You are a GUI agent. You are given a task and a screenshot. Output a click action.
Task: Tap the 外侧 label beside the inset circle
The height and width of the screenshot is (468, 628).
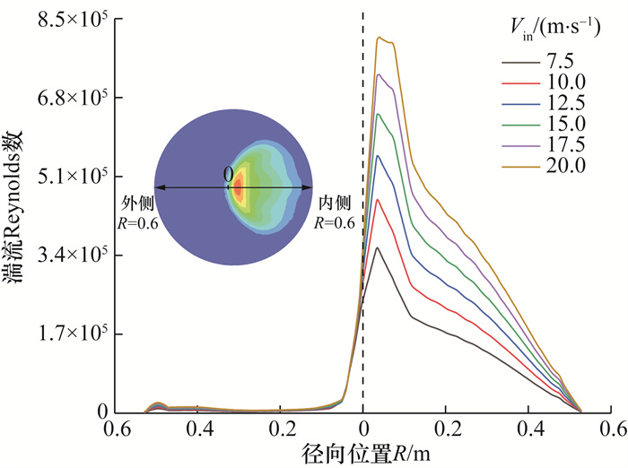click(135, 205)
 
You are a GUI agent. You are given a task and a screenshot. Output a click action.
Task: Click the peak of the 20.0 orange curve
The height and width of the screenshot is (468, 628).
click(379, 37)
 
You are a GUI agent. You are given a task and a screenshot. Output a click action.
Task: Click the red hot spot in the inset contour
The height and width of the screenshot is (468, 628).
click(238, 188)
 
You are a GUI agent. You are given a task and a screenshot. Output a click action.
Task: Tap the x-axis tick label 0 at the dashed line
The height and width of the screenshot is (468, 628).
click(362, 428)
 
